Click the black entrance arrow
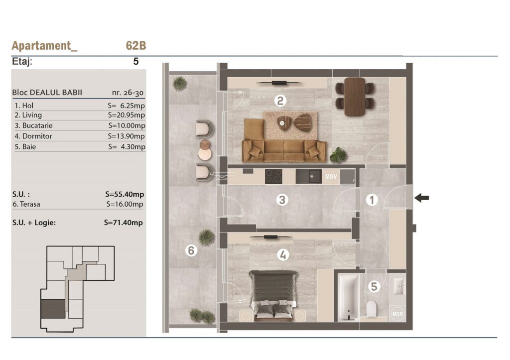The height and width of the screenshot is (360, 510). [422, 197]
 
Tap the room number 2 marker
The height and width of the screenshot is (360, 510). [280, 101]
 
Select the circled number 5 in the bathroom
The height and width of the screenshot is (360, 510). [374, 286]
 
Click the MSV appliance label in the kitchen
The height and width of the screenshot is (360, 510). [331, 177]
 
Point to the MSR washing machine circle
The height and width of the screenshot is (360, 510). [397, 314]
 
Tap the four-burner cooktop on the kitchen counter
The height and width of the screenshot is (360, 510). [273, 177]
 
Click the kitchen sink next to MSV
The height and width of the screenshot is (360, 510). [309, 177]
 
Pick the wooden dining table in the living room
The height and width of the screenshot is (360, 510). [355, 97]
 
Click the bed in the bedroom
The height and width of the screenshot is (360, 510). [273, 295]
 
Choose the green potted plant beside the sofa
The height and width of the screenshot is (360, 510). [338, 154]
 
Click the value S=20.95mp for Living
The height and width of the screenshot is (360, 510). [127, 115]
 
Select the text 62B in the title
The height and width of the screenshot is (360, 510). [136, 45]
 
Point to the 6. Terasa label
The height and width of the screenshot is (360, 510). [26, 204]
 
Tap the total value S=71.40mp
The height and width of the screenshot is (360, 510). [124, 223]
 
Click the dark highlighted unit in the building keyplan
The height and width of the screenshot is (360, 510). [53, 309]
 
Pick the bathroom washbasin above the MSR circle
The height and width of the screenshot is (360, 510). [399, 286]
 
